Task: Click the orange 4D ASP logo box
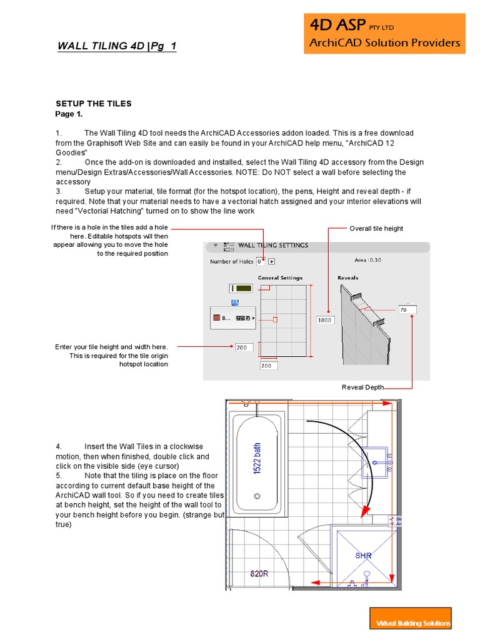tap(384, 34)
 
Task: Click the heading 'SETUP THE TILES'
tap(94, 104)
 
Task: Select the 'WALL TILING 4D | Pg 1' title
tap(117, 46)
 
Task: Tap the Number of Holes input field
tap(261, 261)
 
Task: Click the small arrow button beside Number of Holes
tap(272, 261)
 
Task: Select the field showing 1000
tap(325, 320)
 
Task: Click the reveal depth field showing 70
tap(407, 309)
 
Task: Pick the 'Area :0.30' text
tap(368, 259)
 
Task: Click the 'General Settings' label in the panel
tap(280, 277)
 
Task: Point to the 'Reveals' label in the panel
tap(348, 277)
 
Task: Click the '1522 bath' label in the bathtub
tap(257, 458)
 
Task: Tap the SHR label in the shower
tap(364, 555)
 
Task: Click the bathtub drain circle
tap(256, 496)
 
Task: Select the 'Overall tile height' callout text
tap(376, 229)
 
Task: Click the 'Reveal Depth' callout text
tap(362, 387)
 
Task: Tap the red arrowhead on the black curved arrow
tap(361, 514)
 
